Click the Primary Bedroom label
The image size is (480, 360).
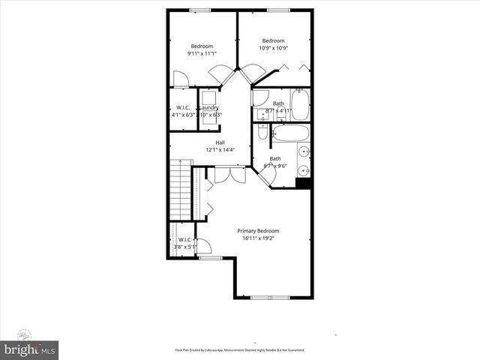click(258, 231)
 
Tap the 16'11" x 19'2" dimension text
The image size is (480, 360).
click(258, 239)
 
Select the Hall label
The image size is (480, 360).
click(220, 142)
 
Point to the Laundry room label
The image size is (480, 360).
click(208, 107)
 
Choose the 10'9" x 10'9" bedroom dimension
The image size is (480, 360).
click(273, 48)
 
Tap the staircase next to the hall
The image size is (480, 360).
click(181, 190)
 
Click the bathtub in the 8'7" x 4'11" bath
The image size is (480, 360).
click(299, 106)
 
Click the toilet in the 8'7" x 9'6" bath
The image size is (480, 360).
click(262, 132)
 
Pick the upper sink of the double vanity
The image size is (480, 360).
click(304, 152)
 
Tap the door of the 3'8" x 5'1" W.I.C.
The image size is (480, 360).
click(202, 246)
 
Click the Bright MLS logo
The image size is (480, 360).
click(30, 349)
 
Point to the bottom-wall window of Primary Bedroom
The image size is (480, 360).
click(269, 298)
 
